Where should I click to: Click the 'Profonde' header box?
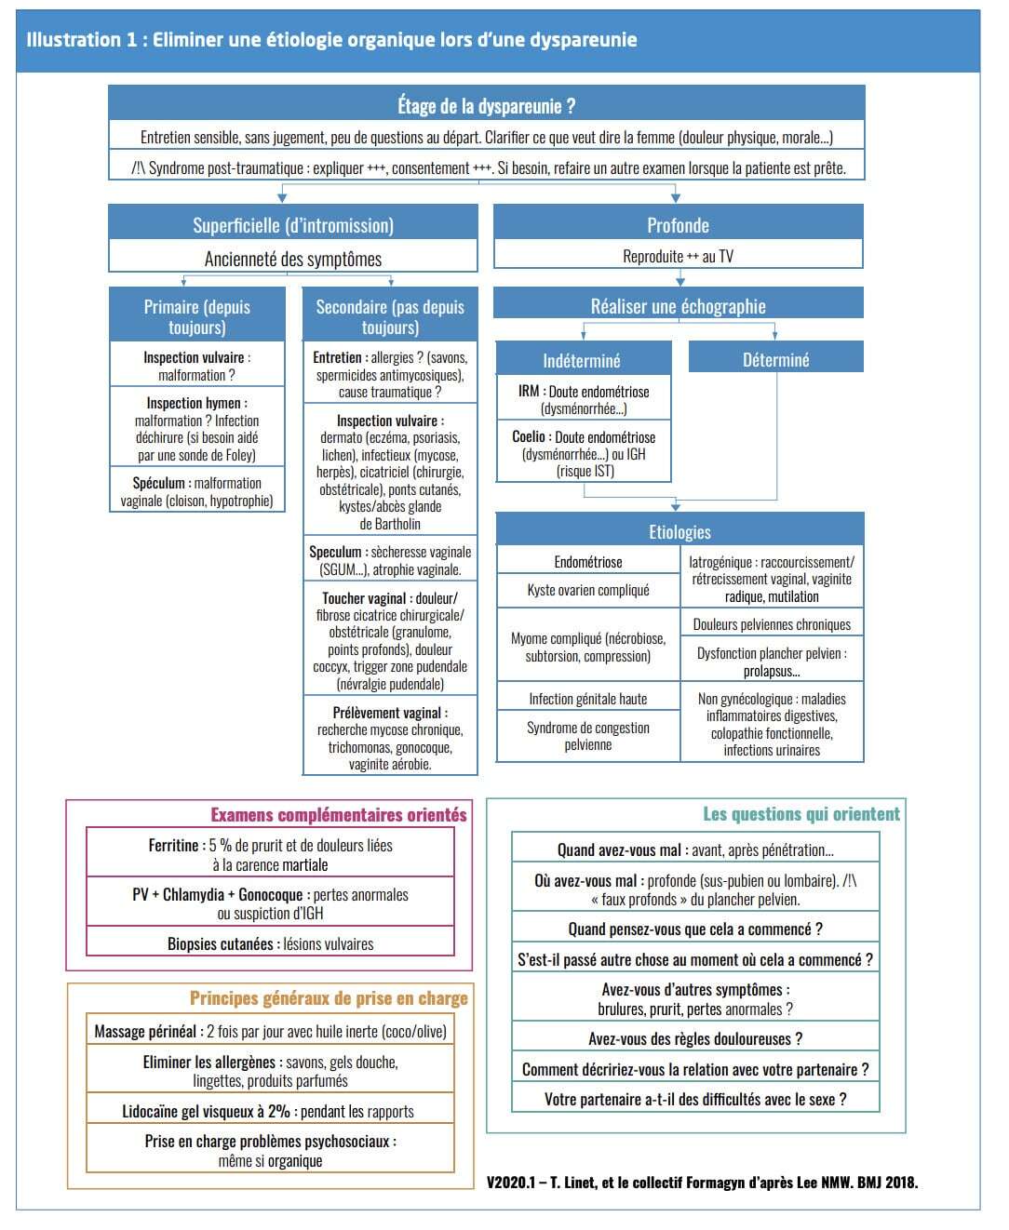[x=678, y=225]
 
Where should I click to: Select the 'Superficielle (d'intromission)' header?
[x=293, y=225]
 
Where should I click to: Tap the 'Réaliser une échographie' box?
[x=678, y=306]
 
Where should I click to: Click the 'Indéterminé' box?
[x=582, y=360]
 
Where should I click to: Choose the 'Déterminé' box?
[x=775, y=359]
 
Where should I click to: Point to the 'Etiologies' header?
[x=679, y=531]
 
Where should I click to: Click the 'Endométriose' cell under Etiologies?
[x=588, y=562]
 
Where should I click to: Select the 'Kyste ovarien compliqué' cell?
[x=588, y=590]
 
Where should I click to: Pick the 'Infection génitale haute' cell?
[x=588, y=699]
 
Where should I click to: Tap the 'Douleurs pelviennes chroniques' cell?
[x=772, y=624]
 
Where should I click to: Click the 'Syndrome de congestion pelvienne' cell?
[x=588, y=736]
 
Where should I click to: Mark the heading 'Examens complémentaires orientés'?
[x=339, y=815]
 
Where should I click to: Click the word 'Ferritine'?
[x=173, y=846]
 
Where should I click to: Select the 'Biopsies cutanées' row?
[x=270, y=943]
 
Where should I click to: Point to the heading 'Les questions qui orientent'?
[x=801, y=814]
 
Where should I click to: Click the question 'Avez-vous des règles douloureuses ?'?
[x=695, y=1038]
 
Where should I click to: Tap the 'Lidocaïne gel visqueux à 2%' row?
[x=269, y=1111]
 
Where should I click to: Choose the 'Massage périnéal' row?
[x=270, y=1031]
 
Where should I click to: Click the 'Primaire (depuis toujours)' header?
[x=196, y=316]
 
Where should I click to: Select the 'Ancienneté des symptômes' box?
[x=293, y=259]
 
